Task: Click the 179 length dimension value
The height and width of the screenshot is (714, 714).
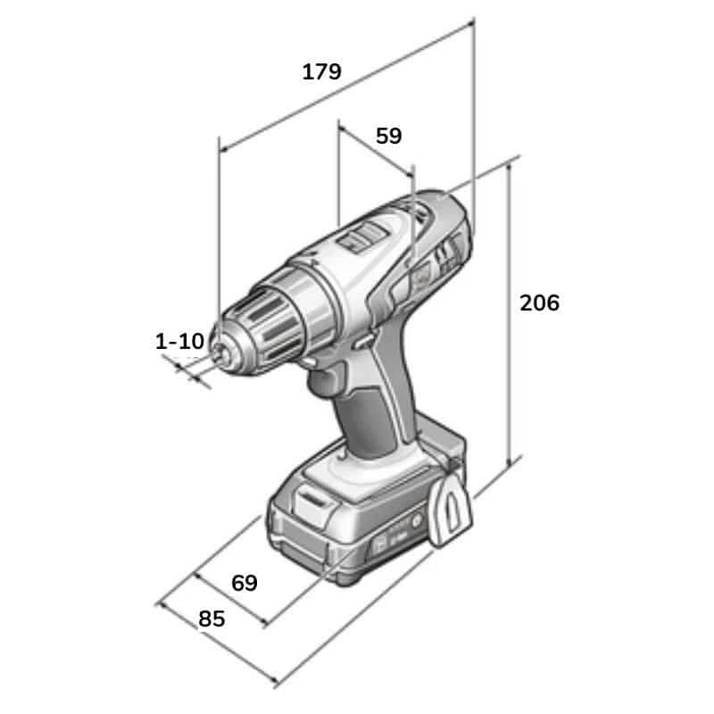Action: (x=321, y=72)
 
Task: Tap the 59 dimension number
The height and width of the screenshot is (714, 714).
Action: (x=388, y=136)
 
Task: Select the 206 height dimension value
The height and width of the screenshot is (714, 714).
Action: (x=540, y=303)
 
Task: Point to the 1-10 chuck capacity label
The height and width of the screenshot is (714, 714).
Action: (x=180, y=341)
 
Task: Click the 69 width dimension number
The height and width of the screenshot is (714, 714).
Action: (x=244, y=583)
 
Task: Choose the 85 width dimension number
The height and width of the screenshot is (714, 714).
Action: (x=212, y=619)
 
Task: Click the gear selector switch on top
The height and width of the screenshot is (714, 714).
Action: (x=363, y=237)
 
